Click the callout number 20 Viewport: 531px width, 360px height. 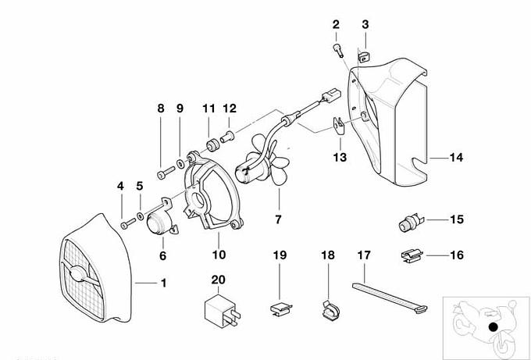[x=218, y=279]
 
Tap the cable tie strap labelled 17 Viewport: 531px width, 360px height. [x=390, y=297]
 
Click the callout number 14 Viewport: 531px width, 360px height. [x=456, y=158]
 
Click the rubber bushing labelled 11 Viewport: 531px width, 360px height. [x=210, y=145]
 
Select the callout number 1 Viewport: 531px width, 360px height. [x=163, y=282]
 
